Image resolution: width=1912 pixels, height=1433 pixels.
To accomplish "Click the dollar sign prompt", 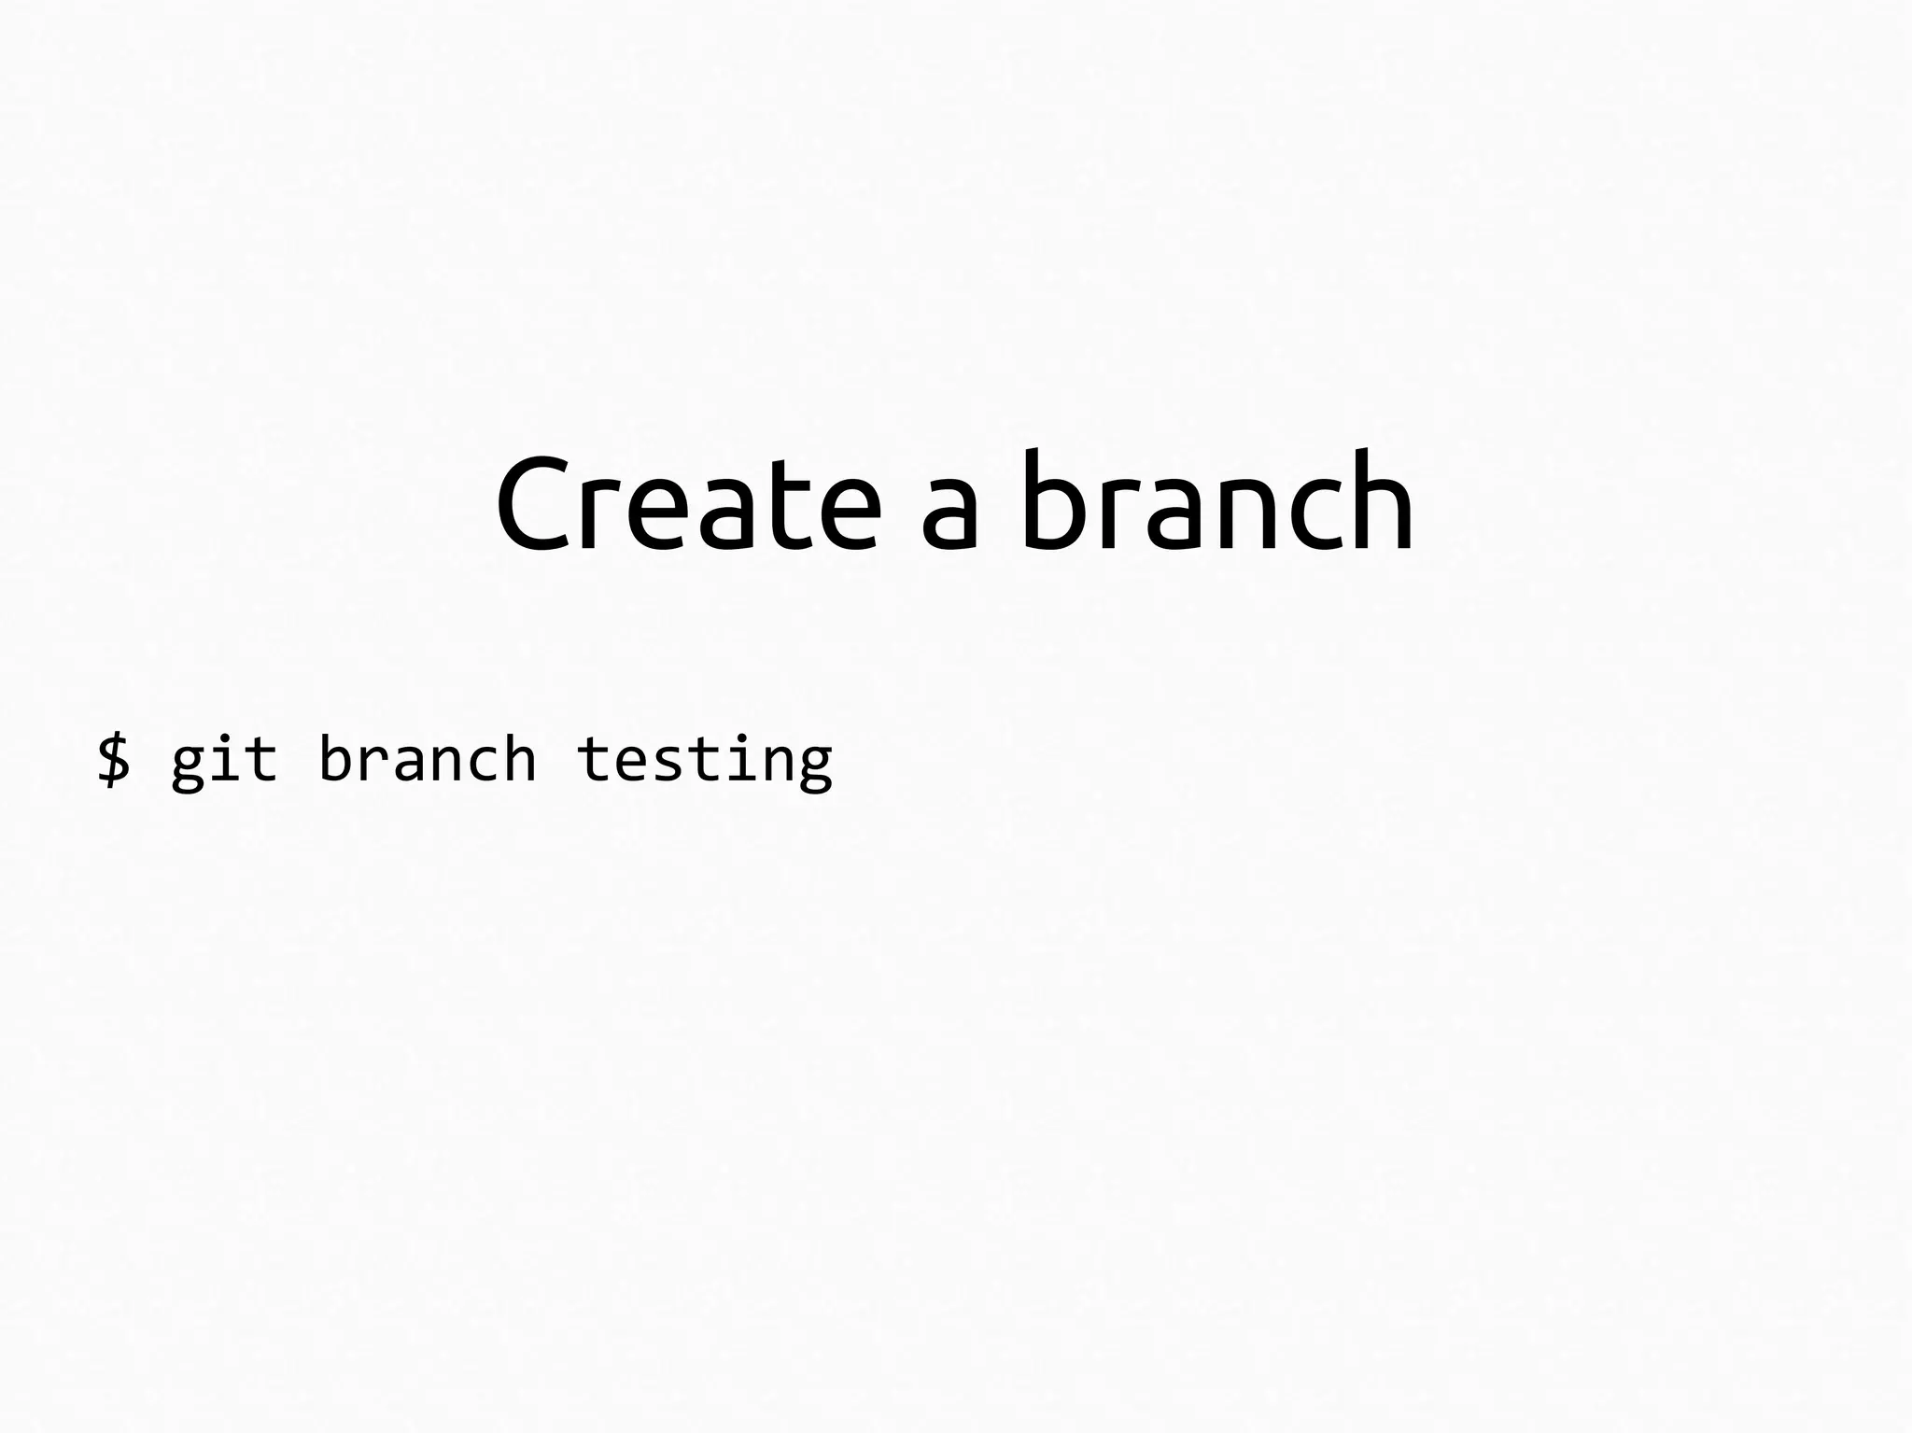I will click(114, 758).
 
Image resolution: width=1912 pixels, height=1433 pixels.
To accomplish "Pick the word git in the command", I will click(224, 760).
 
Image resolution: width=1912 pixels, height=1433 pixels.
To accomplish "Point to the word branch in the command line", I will click(427, 757).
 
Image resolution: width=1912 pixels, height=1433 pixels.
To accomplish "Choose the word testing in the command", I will click(704, 760).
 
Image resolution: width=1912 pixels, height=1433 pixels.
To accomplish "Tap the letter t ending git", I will click(262, 758).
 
